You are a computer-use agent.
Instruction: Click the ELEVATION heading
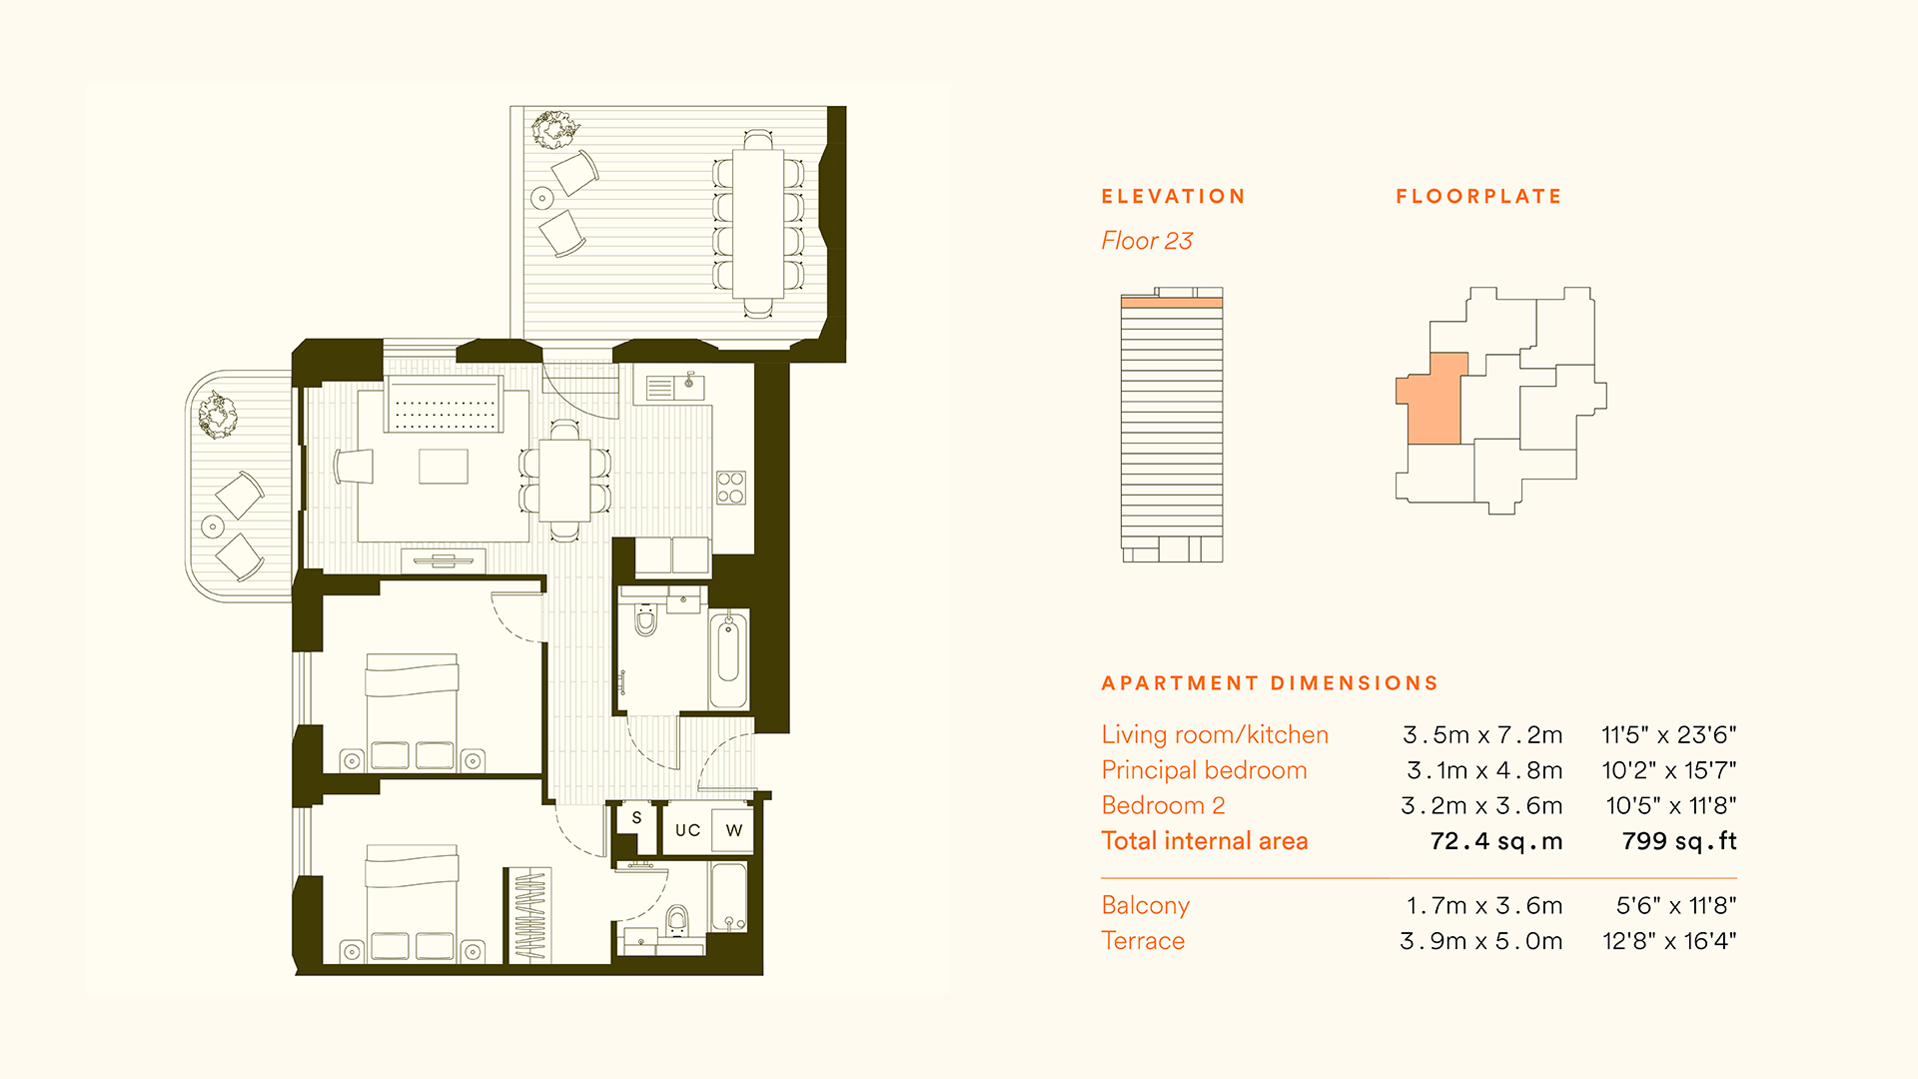(1173, 197)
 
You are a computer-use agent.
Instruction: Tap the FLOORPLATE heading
(1478, 197)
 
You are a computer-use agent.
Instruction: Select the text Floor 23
(1147, 241)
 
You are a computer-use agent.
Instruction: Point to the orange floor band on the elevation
(1172, 302)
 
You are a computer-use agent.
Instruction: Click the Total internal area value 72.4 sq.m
(1496, 841)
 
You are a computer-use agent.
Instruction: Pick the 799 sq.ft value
(1679, 841)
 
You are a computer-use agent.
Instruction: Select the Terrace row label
(1143, 941)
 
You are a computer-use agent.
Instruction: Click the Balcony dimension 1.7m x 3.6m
(1484, 906)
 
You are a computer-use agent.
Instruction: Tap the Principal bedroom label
(1204, 770)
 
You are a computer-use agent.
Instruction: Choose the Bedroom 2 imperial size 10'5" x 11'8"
(1671, 806)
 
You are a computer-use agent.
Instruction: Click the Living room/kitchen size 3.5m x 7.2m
(1482, 735)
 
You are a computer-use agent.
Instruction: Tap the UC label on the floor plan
(687, 830)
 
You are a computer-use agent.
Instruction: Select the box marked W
(733, 830)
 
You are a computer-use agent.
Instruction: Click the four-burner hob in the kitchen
(730, 488)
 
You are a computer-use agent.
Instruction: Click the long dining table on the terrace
(758, 223)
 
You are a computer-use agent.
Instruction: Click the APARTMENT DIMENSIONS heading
(1270, 683)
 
